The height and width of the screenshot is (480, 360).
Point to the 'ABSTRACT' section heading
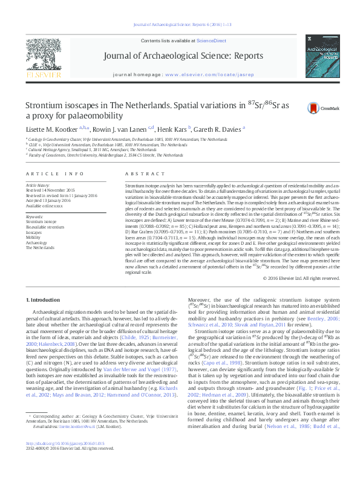(x=136, y=173)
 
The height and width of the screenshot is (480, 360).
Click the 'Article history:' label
(x=38, y=183)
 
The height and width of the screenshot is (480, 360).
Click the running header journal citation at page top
(x=180, y=24)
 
